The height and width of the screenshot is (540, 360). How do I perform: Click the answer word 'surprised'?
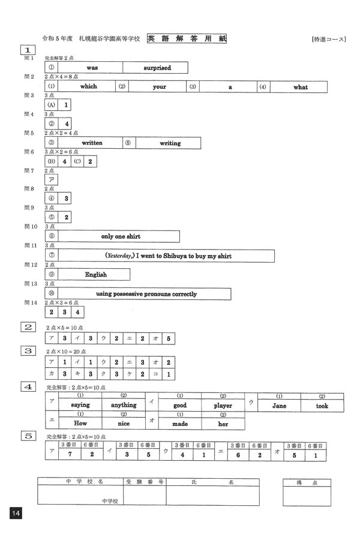[157, 68]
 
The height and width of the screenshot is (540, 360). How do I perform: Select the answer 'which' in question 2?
[88, 87]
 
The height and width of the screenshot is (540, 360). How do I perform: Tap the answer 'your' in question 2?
[159, 87]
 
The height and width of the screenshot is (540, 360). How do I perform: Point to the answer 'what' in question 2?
[301, 87]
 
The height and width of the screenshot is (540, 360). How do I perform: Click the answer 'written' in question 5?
[92, 143]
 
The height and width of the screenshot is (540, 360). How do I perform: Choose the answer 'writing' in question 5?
[170, 143]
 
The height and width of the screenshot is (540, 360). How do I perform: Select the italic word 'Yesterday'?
[120, 256]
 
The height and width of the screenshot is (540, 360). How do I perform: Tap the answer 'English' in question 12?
[95, 275]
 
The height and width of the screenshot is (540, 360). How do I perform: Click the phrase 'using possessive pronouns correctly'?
[146, 294]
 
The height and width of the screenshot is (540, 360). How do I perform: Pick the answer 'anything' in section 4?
[124, 406]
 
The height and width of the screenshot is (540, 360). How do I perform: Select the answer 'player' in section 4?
[223, 406]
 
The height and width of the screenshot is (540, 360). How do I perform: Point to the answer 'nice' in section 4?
[124, 423]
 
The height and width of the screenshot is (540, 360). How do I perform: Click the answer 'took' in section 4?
[322, 406]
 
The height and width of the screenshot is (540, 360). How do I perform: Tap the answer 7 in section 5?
[70, 454]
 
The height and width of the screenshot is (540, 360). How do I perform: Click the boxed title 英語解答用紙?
[187, 39]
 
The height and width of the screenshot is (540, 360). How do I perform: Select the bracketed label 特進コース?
[329, 40]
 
